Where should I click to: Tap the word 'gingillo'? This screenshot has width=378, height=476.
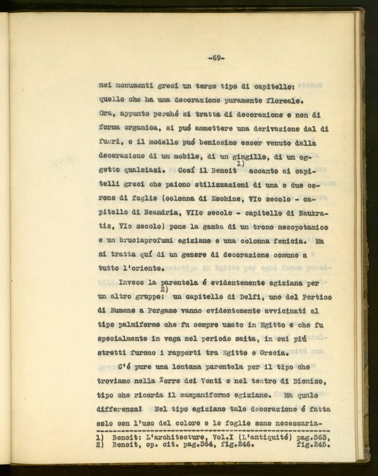click(x=225, y=157)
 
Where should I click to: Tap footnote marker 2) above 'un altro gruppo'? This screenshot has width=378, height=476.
click(x=164, y=289)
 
